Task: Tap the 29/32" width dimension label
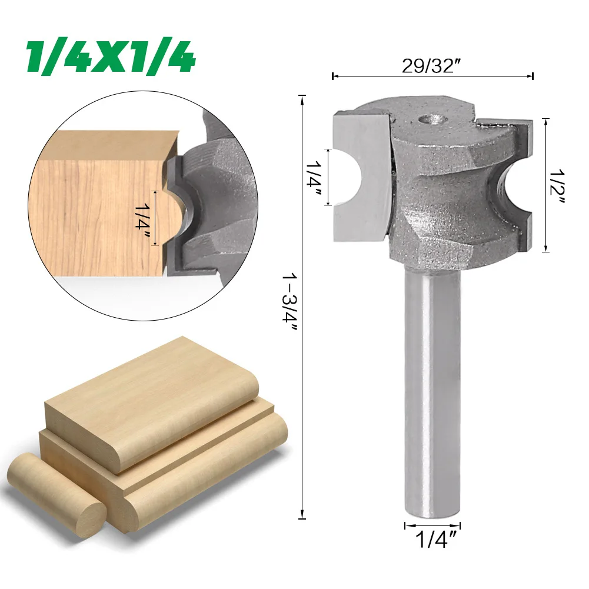click(x=432, y=66)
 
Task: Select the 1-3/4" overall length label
click(x=289, y=302)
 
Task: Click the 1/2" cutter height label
click(x=557, y=187)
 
